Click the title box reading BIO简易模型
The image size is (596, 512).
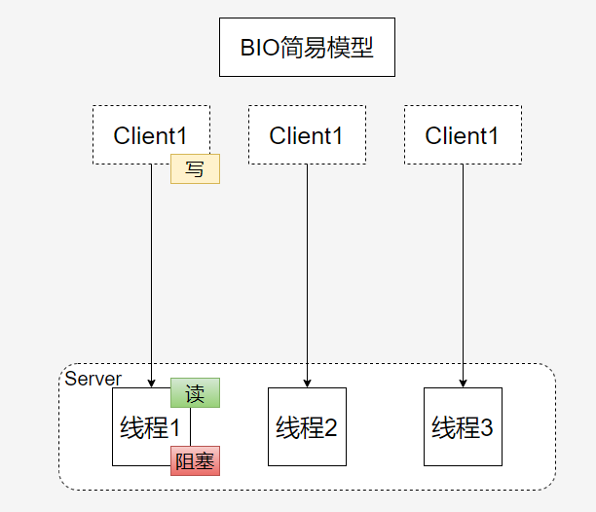pyautogui.click(x=307, y=48)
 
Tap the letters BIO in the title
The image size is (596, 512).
pyautogui.click(x=259, y=48)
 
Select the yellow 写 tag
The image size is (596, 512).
pyautogui.click(x=195, y=168)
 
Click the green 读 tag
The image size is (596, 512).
pyautogui.click(x=195, y=393)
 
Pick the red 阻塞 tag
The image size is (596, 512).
pyautogui.click(x=195, y=460)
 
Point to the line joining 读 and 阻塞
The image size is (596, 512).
pyautogui.click(x=190, y=426)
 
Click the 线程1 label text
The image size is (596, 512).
pyautogui.click(x=149, y=428)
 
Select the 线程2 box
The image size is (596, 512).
pyautogui.click(x=307, y=426)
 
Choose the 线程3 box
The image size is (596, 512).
pyautogui.click(x=463, y=426)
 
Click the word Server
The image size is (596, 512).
pyautogui.click(x=93, y=379)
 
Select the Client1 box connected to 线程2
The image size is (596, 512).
pyautogui.click(x=307, y=135)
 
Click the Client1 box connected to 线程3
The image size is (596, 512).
pyautogui.click(x=463, y=135)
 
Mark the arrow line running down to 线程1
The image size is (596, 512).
pyautogui.click(x=151, y=273)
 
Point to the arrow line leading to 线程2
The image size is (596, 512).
pyautogui.click(x=307, y=273)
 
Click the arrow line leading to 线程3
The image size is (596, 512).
pyautogui.click(x=463, y=273)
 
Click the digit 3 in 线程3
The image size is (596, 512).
pyautogui.click(x=487, y=427)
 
